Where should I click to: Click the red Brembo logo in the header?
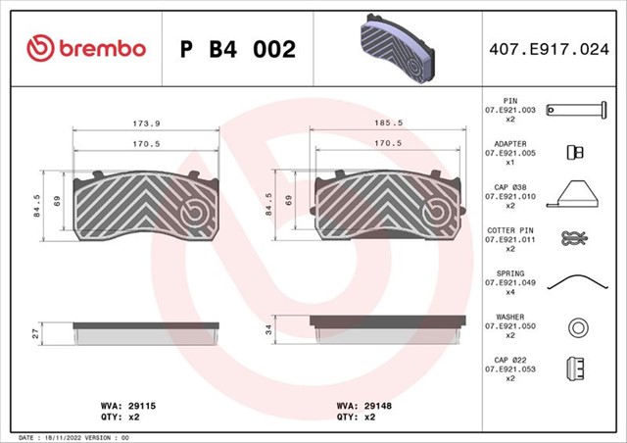coord(86,48)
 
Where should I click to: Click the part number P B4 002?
coord(238,49)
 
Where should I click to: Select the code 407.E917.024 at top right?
coord(549,49)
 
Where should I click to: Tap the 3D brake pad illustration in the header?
coord(397,48)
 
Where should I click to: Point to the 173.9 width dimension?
coord(146,123)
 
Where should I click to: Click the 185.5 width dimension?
coord(388,123)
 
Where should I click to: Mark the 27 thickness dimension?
coord(36,334)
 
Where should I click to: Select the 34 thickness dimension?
coord(268,329)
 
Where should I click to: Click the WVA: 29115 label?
coord(128,406)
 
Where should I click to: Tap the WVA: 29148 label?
coord(363,406)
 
